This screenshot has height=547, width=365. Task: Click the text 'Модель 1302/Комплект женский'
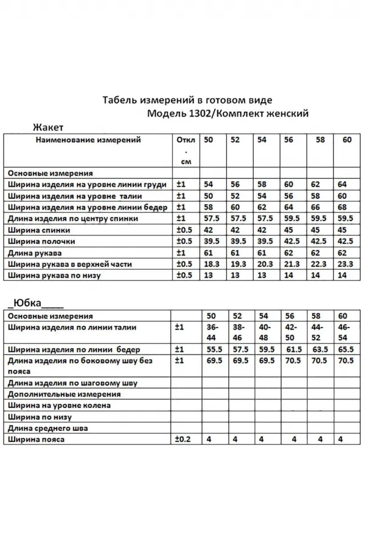point(228,113)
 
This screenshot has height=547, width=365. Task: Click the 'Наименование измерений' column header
point(88,140)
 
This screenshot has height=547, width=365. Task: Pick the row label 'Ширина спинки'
point(40,230)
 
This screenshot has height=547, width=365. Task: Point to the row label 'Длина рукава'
point(36,253)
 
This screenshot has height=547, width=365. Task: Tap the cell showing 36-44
point(210,332)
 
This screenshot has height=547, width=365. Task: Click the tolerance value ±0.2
point(183,439)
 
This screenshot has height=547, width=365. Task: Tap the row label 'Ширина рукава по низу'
point(55,275)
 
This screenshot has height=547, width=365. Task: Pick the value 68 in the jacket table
point(342,207)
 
